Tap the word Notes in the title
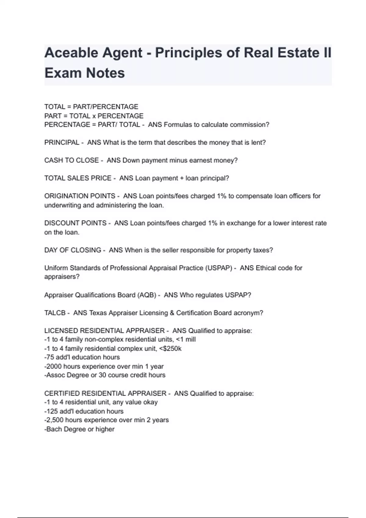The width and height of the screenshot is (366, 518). tap(105, 73)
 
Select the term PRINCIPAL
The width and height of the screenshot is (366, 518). tap(62, 143)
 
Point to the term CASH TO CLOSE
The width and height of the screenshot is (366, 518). tap(71, 160)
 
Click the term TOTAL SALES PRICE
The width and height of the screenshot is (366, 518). tap(78, 178)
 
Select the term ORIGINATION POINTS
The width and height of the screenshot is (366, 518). tap(80, 196)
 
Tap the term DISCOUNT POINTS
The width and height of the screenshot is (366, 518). tap(75, 223)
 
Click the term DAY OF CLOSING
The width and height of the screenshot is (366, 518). tap(73, 250)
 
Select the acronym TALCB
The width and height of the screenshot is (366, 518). tap(55, 313)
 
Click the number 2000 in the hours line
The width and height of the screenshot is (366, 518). tap(54, 366)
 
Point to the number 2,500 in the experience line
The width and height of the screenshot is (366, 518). tap(55, 420)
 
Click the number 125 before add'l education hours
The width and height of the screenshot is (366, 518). tap(52, 411)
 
